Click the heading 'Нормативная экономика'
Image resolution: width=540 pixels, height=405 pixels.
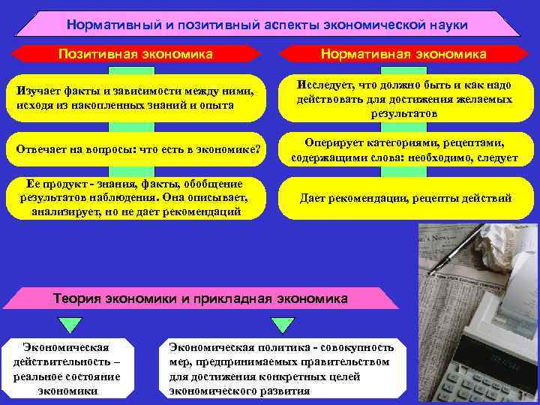[403, 54]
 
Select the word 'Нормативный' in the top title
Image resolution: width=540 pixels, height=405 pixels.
[112, 25]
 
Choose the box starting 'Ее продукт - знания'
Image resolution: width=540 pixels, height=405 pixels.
[136, 198]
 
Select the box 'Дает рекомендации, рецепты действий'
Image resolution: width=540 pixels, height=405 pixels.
[405, 199]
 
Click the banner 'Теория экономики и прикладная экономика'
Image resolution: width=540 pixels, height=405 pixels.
[200, 298]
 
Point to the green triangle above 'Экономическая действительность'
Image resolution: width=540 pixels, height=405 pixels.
[69, 324]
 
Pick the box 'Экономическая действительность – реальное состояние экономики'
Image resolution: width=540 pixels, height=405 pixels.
[67, 369]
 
